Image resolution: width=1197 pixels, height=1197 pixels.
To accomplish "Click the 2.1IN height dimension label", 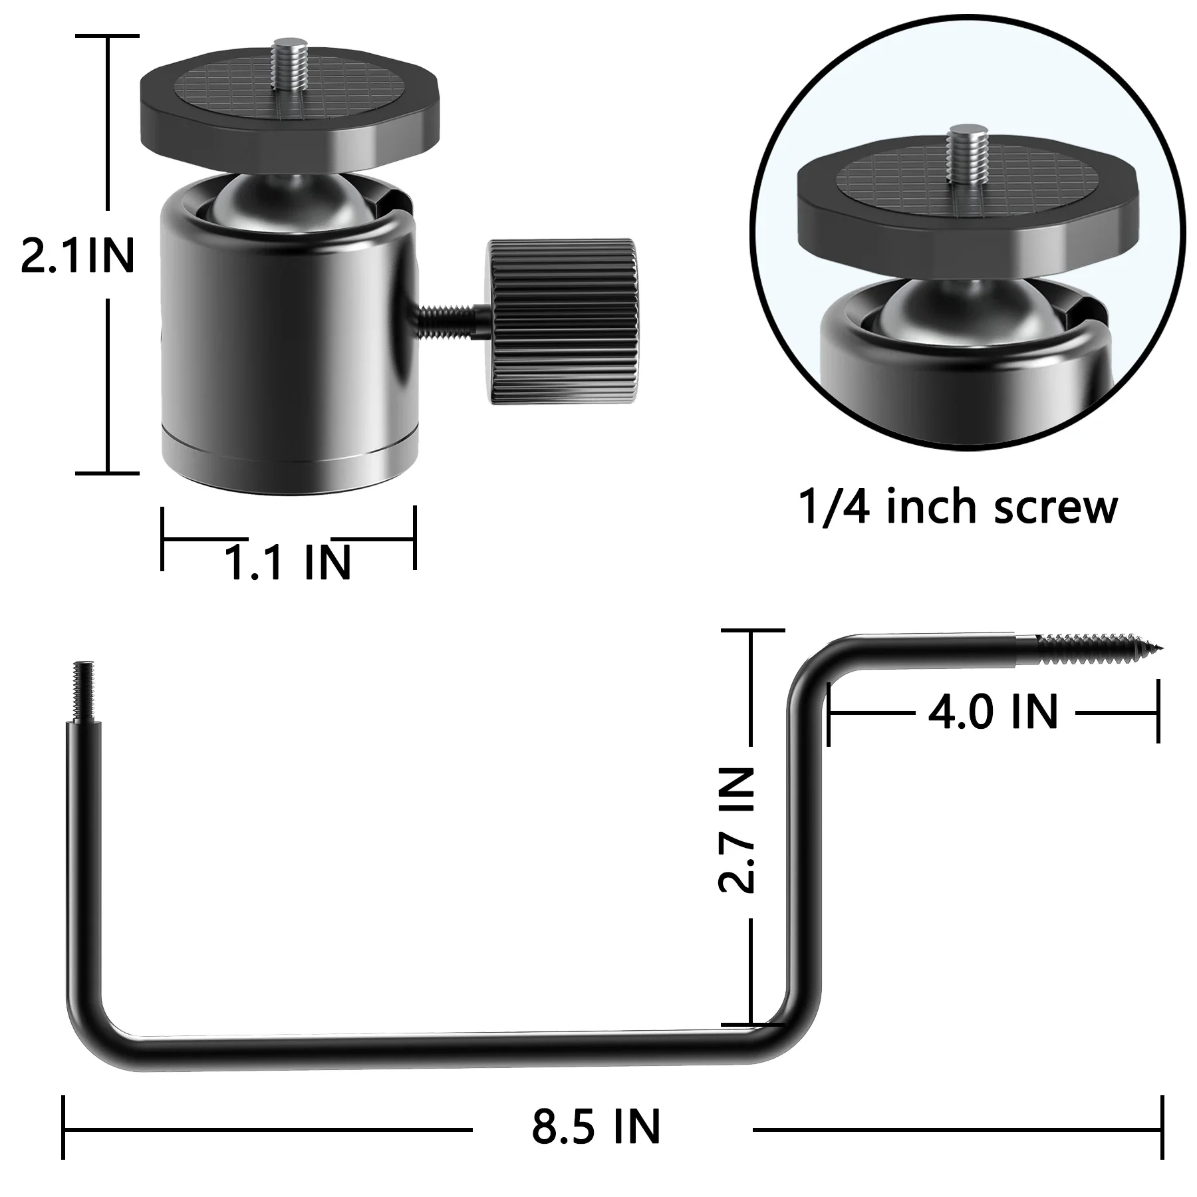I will click(x=78, y=256).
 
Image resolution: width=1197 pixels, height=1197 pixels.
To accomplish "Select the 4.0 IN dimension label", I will click(x=993, y=712).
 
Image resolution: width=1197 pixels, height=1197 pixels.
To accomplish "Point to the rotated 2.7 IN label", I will click(x=737, y=829).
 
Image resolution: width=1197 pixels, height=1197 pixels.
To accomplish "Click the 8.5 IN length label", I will click(x=596, y=1127).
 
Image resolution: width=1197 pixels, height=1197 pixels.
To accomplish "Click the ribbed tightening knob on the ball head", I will click(x=563, y=321).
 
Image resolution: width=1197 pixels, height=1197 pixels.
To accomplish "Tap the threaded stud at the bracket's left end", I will click(x=84, y=692).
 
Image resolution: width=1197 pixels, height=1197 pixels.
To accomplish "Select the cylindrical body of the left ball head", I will click(x=289, y=346).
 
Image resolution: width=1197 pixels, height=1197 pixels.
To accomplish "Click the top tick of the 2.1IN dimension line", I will click(x=108, y=36).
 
